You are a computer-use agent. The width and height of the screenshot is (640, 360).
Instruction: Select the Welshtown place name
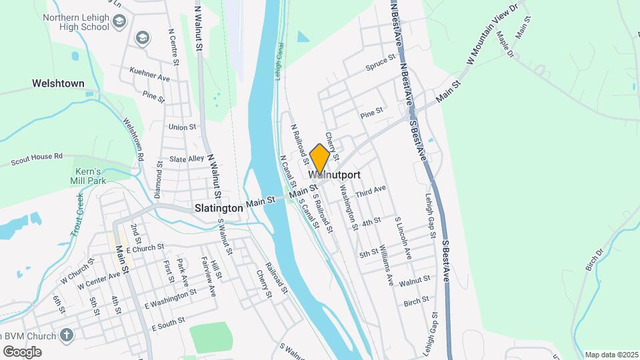pyautogui.click(x=58, y=84)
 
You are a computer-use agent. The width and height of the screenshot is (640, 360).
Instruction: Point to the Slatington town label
pyautogui.click(x=219, y=208)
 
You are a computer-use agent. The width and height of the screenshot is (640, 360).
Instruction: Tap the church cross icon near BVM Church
pyautogui.click(x=67, y=335)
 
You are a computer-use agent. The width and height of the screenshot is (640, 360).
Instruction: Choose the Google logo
pyautogui.click(x=21, y=351)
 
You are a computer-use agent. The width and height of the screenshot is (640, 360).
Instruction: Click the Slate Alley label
pyautogui.click(x=186, y=159)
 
